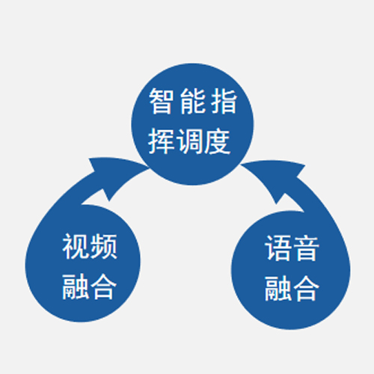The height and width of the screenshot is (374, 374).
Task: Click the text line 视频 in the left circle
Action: [90, 246]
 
